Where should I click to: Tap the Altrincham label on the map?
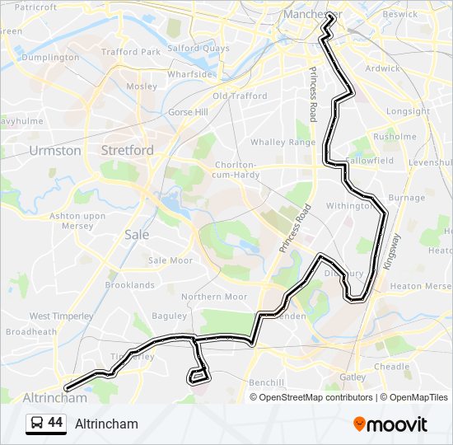[x=55, y=397]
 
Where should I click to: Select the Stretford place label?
[x=127, y=150]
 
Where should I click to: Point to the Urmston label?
[x=55, y=151]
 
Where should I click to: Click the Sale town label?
[x=137, y=234]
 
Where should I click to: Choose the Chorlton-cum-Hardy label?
[x=236, y=170]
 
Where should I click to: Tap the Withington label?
[x=348, y=206]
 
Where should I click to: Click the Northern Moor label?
[x=214, y=297]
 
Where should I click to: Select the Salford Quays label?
[x=198, y=49]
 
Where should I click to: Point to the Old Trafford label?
[x=240, y=96]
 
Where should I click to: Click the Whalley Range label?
[x=283, y=143]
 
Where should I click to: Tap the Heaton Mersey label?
[x=420, y=286]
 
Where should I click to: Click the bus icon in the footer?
[x=37, y=424]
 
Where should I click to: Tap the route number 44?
[x=55, y=423]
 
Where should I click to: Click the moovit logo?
[x=390, y=424]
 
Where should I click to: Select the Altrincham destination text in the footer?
[x=106, y=424]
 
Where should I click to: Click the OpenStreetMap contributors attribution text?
[x=316, y=397]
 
